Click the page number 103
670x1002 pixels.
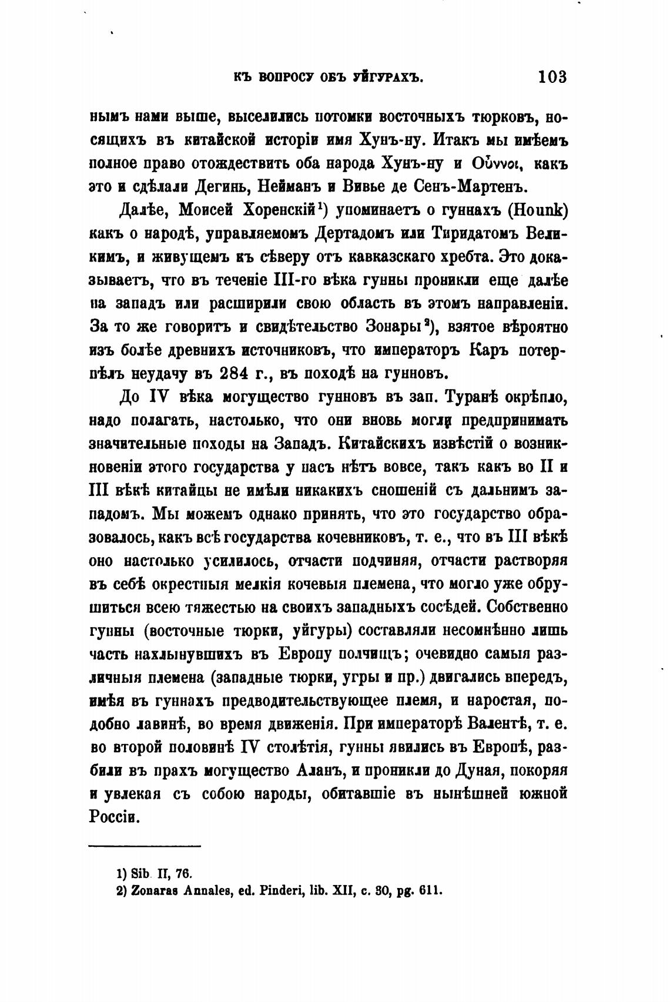click(x=551, y=76)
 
